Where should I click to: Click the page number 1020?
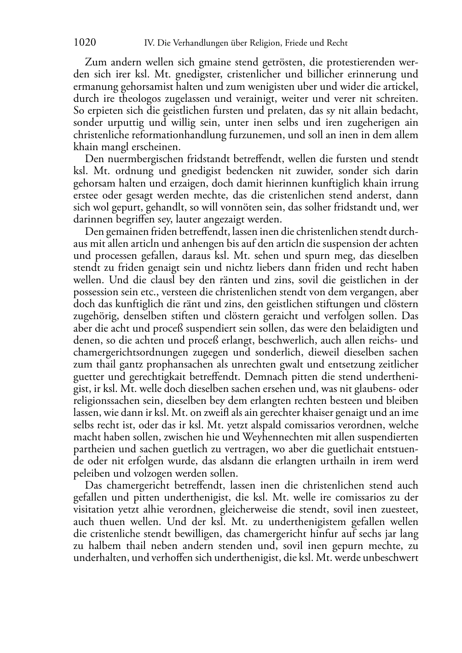pyautogui.click(x=85, y=43)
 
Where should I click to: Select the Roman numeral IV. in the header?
pyautogui.click(x=149, y=43)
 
